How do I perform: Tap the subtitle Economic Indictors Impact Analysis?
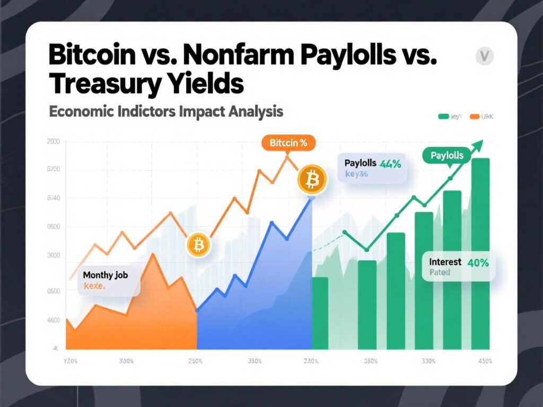coord(165,112)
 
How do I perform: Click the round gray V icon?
coord(484,56)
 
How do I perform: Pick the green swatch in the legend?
coord(443,116)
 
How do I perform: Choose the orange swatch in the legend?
coord(474,116)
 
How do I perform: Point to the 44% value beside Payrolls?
coord(390,164)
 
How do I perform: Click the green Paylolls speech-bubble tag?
coord(446,156)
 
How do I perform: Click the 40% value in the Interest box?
coord(478,262)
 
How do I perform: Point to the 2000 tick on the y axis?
coord(54,141)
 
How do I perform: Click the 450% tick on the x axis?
coord(484,361)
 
